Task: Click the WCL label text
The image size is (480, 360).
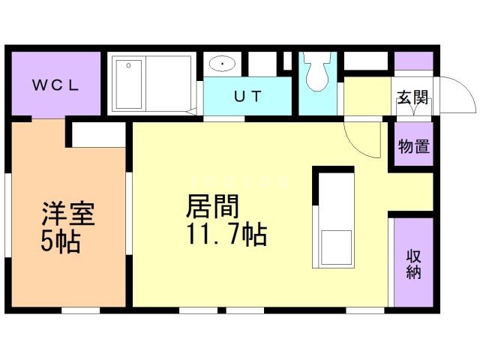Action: click(x=55, y=84)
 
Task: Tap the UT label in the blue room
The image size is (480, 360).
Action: click(x=247, y=97)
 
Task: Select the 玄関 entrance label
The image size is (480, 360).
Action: click(x=412, y=97)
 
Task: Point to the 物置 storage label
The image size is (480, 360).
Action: click(x=413, y=146)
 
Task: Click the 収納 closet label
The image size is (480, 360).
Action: click(x=414, y=263)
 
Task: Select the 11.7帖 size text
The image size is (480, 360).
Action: click(x=223, y=235)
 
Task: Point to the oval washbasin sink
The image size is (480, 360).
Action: click(x=223, y=64)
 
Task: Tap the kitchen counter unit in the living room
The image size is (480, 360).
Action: click(x=333, y=217)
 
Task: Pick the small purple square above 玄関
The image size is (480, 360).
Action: click(x=413, y=61)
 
